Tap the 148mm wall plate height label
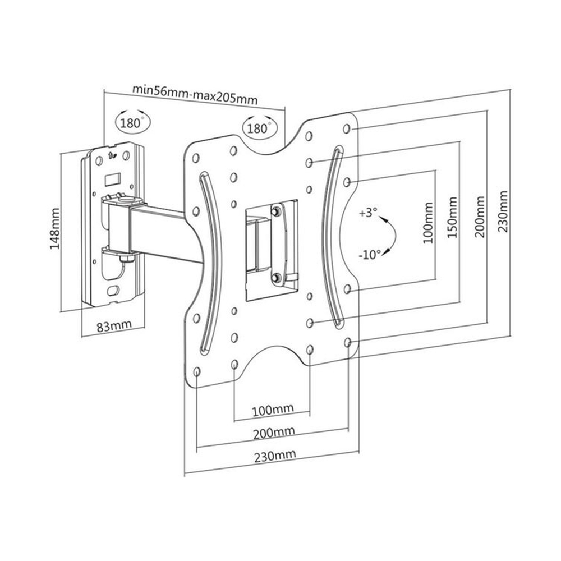[55, 231]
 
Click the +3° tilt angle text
[368, 214]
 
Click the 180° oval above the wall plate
[132, 123]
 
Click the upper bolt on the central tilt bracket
[275, 211]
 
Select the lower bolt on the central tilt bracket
[275, 277]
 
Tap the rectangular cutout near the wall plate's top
[112, 178]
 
